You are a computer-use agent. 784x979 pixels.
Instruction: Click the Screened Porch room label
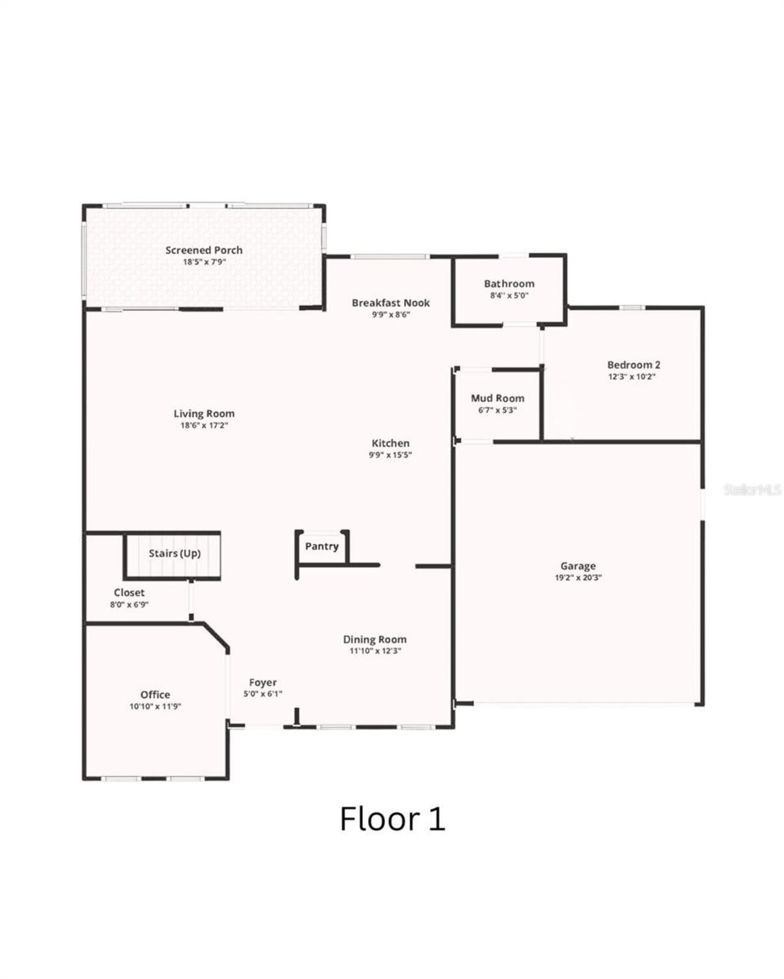coord(204,250)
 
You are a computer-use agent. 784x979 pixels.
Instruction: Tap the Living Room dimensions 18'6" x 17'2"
coord(204,425)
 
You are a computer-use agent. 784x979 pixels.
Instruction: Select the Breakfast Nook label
coord(391,302)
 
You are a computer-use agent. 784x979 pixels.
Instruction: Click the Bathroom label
coord(509,283)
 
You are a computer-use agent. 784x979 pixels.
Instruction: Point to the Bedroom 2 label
coord(633,365)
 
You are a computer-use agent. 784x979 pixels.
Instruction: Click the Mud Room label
coord(497,398)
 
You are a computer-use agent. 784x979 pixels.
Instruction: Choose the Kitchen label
coord(390,443)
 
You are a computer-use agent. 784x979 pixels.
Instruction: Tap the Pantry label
coord(322,546)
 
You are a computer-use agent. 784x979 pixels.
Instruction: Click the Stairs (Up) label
coord(175,553)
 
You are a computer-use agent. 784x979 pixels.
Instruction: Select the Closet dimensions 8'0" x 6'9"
coord(129,605)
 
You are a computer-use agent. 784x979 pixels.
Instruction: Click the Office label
coord(155,694)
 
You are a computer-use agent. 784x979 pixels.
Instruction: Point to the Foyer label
coord(263,682)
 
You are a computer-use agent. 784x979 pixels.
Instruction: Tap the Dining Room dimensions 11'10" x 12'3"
coord(375,651)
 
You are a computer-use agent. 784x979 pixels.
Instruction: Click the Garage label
coord(578,566)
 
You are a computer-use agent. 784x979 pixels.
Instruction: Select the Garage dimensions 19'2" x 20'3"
coord(578,578)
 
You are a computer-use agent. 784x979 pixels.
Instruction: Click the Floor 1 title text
coord(392,819)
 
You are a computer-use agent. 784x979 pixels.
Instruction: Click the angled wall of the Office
coord(217,636)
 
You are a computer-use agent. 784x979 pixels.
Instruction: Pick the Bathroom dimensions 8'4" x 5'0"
coord(509,296)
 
